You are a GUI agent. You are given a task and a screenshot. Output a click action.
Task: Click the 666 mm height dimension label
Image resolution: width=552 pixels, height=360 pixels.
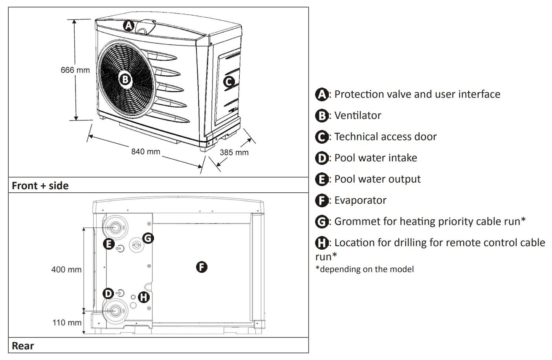(75, 70)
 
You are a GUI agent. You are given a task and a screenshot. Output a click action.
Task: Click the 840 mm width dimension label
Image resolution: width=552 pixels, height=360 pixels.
(146, 152)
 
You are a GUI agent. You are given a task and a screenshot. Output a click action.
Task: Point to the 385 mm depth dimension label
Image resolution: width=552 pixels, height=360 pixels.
(234, 152)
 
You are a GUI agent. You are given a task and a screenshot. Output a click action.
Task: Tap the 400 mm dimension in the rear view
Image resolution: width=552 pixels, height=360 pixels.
(66, 270)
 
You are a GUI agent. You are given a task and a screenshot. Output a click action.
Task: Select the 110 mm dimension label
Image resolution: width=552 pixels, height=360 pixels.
(67, 323)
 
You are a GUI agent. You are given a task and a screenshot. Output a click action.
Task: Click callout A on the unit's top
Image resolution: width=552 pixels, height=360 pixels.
(128, 26)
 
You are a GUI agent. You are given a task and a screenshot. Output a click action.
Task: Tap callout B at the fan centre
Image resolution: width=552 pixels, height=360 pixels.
(125, 80)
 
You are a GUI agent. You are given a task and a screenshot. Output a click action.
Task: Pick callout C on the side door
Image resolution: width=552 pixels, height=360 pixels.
(229, 82)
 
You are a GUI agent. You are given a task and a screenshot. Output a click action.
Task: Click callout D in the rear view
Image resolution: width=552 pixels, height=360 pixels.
(108, 293)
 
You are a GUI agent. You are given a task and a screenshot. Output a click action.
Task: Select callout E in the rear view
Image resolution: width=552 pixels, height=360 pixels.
(108, 244)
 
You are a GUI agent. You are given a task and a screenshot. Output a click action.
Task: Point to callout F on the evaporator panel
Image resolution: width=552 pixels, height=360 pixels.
(201, 267)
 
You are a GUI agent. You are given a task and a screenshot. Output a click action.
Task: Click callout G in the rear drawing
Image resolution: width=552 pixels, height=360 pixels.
(148, 238)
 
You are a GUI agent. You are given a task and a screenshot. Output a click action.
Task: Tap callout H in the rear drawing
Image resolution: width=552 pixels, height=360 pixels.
(144, 297)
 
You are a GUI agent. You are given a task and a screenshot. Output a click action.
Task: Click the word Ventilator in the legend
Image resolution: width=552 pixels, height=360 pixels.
(358, 115)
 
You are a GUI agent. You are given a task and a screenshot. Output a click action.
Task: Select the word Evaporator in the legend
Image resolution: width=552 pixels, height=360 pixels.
(360, 200)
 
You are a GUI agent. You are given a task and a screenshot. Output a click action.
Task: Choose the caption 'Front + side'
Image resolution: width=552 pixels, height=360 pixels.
(40, 186)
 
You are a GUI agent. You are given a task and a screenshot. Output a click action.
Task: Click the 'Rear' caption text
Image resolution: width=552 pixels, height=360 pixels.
(23, 346)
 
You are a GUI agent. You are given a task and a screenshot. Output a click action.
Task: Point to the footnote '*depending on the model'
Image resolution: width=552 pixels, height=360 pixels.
(365, 269)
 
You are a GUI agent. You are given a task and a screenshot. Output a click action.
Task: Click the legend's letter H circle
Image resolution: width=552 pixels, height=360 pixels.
(322, 243)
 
